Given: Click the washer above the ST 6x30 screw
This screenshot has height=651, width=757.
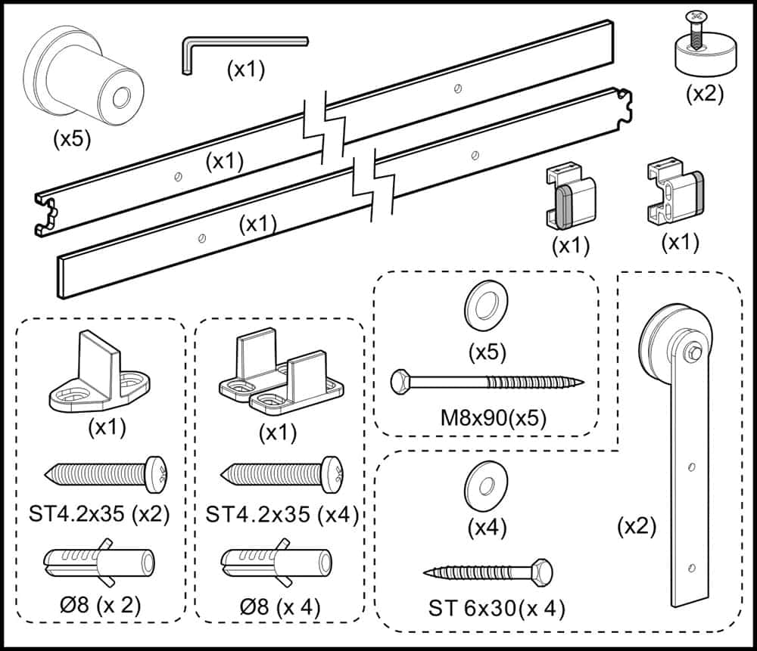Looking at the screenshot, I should pyautogui.click(x=485, y=485).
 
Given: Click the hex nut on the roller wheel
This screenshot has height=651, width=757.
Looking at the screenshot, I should pyautogui.click(x=692, y=353).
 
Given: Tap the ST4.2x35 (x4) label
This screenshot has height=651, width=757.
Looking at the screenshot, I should pyautogui.click(x=282, y=515).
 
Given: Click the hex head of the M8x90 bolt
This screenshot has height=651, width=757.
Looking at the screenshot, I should pyautogui.click(x=400, y=382).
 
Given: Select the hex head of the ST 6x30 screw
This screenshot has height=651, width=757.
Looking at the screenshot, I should pyautogui.click(x=542, y=569).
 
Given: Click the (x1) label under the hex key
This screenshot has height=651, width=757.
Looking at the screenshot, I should pyautogui.click(x=245, y=70).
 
